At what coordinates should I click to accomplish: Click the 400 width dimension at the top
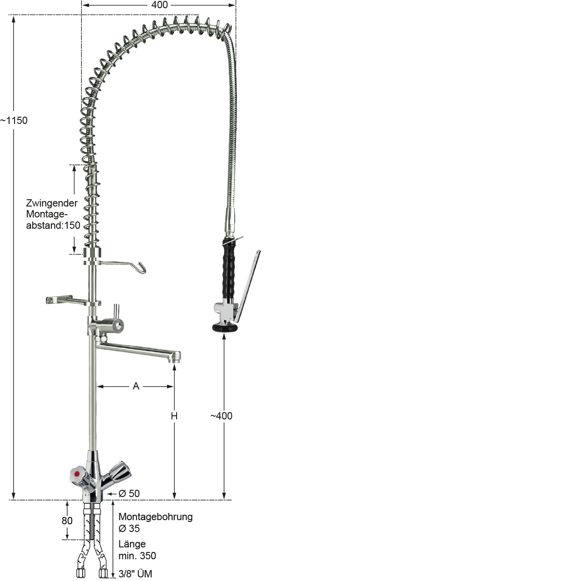click(x=159, y=5)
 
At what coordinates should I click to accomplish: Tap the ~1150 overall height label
click(x=14, y=121)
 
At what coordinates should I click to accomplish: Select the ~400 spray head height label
click(x=222, y=416)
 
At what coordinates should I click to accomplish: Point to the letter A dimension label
click(x=136, y=386)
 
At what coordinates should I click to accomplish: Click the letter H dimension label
click(x=174, y=416)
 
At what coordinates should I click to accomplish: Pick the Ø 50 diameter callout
click(x=129, y=493)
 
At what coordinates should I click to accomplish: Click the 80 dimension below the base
click(x=67, y=521)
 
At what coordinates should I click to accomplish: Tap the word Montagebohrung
click(x=155, y=517)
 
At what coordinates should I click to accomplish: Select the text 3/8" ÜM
click(x=135, y=574)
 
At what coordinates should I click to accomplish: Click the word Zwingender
click(x=52, y=203)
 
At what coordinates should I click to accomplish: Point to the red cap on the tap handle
click(x=77, y=474)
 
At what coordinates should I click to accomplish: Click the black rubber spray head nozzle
click(x=224, y=327)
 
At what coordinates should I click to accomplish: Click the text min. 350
click(x=137, y=556)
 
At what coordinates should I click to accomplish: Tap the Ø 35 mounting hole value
click(x=129, y=528)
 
